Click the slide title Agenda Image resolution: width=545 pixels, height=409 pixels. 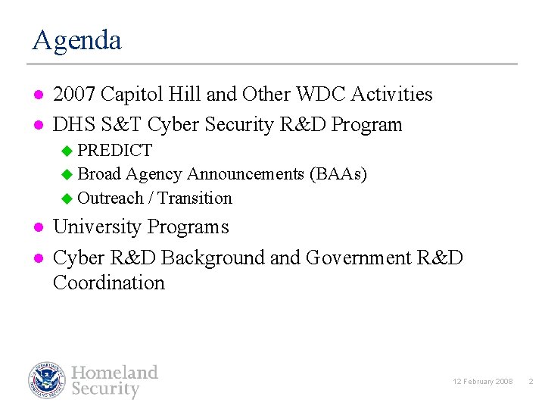pos(76,40)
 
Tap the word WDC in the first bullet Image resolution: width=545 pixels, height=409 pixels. pos(322,94)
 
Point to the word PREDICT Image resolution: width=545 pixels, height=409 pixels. pos(114,150)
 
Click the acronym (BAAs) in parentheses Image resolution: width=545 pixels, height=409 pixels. pos(338,174)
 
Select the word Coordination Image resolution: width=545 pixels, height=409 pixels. pos(109,283)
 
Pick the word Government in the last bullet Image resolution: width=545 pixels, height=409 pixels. pos(358,258)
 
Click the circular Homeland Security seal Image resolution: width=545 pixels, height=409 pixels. pos(48,380)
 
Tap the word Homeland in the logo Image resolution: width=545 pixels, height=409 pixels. pos(114,372)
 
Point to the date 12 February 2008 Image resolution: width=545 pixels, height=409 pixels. pos(482,382)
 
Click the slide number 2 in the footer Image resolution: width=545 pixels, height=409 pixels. pos(531,382)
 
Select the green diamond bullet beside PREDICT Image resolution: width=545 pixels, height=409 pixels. pos(67,151)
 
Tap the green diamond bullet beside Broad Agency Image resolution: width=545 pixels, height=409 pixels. pos(67,175)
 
